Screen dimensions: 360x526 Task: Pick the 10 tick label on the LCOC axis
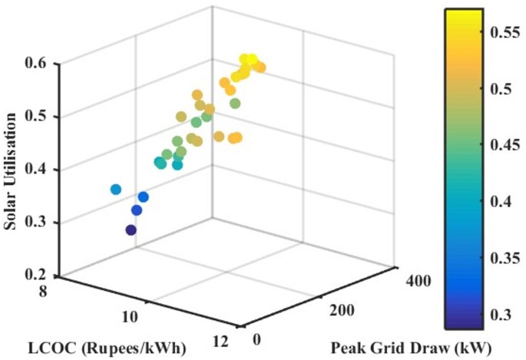[x=131, y=316]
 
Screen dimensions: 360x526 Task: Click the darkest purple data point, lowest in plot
[x=131, y=230]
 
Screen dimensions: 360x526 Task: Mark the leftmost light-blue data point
[x=116, y=189]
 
